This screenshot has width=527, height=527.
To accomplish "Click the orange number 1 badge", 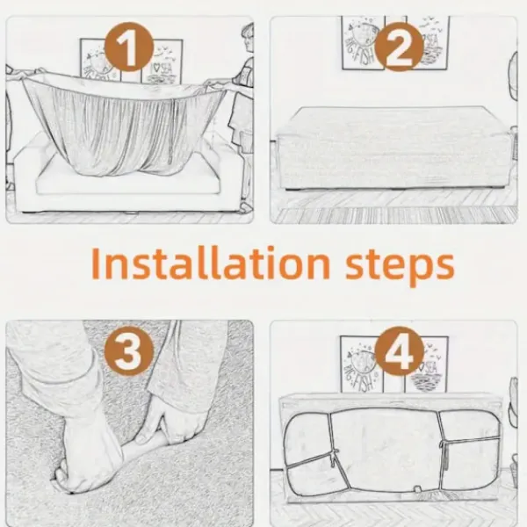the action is [129, 47].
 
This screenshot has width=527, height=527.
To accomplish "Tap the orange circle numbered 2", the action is [399, 47].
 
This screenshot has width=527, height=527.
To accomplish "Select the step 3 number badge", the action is [129, 350].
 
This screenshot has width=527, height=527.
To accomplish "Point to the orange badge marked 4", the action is [399, 350].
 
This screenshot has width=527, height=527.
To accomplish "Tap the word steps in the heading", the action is [400, 266].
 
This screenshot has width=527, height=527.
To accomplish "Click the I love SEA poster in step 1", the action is [162, 61].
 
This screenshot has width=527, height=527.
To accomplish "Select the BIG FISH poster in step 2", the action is [363, 43].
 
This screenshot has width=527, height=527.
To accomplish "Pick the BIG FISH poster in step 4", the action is [362, 364].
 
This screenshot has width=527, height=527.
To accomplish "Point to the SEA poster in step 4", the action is [426, 365].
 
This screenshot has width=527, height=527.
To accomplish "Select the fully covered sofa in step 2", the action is [393, 148].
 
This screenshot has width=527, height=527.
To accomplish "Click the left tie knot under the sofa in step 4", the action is [336, 455].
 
